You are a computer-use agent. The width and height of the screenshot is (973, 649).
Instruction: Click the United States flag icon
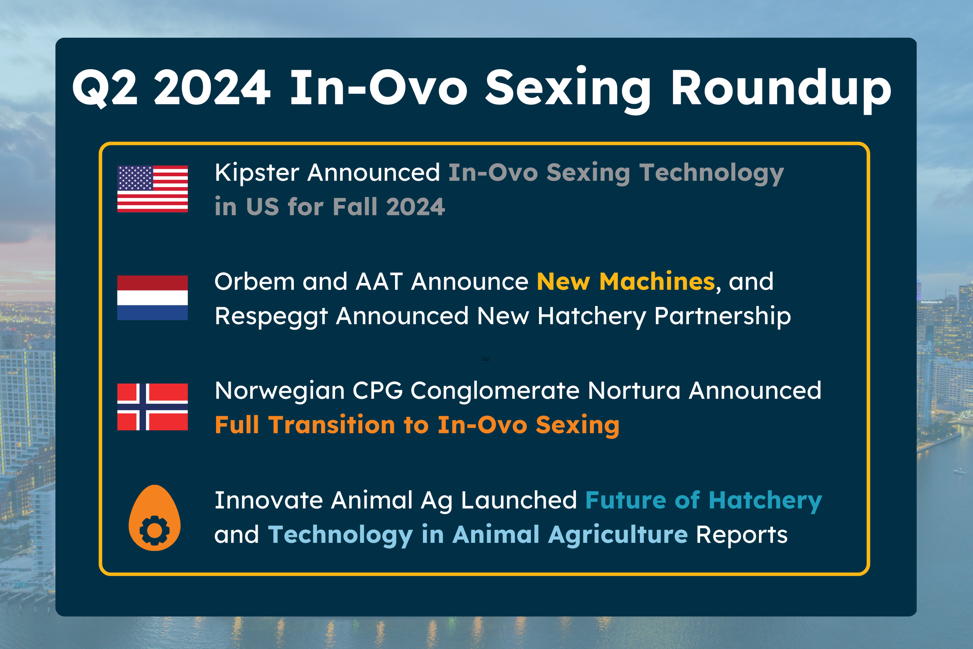click(x=152, y=189)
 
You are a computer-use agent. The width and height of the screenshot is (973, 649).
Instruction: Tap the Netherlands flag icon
click(x=152, y=297)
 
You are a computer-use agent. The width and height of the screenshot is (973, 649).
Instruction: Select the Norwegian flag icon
click(x=152, y=407)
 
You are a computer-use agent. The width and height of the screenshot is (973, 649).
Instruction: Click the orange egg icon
click(x=154, y=518)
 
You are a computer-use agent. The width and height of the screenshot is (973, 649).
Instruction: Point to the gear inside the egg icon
click(x=154, y=530)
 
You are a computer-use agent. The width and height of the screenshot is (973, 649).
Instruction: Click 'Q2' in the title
click(x=105, y=88)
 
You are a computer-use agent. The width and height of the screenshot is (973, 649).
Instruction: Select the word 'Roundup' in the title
click(x=781, y=90)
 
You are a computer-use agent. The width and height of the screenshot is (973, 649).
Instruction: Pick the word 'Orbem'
click(x=255, y=281)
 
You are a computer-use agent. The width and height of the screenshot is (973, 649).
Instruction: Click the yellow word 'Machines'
click(x=657, y=281)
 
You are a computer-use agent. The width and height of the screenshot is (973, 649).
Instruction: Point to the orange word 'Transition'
click(x=332, y=425)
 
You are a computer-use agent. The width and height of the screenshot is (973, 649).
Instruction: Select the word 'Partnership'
click(x=723, y=317)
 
